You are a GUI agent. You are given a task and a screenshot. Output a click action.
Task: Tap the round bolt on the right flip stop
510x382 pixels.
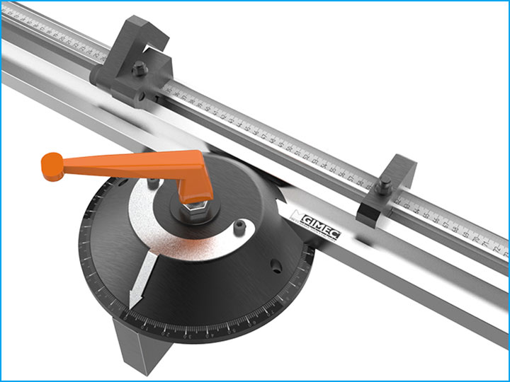383,188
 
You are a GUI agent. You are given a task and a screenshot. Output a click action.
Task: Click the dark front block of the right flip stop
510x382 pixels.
371,212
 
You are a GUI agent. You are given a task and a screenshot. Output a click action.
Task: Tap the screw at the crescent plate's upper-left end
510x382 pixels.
150,185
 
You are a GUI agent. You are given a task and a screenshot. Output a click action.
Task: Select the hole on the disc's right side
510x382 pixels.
272,268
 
